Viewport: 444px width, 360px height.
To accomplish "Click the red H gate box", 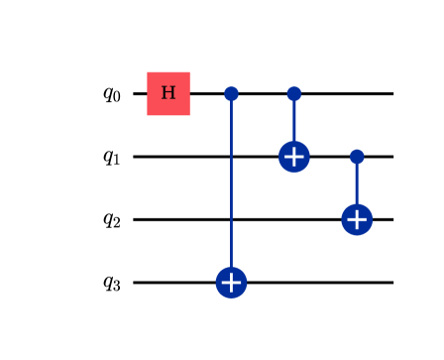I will (x=168, y=93).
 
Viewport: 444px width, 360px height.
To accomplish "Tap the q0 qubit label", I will (x=111, y=94).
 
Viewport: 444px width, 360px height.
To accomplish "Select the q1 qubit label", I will (x=111, y=157).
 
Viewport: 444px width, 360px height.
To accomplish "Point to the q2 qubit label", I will (x=111, y=219).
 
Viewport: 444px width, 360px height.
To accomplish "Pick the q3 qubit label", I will (x=111, y=283).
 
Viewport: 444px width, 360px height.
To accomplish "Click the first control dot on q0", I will (x=231, y=93).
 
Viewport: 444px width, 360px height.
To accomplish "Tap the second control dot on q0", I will (x=293, y=93).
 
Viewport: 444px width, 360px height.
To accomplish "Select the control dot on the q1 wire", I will (x=357, y=157).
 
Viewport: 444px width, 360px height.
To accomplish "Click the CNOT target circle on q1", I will (x=293, y=157).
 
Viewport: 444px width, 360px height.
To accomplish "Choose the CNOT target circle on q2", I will (x=357, y=219).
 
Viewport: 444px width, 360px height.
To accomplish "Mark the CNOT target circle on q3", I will (x=231, y=283).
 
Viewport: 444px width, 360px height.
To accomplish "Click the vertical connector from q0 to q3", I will (x=231, y=188).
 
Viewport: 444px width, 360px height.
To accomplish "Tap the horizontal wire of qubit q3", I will (x=317, y=283).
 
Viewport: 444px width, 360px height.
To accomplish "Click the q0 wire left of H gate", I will (x=140, y=93).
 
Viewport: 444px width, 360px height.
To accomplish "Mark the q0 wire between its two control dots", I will (x=263, y=93).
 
